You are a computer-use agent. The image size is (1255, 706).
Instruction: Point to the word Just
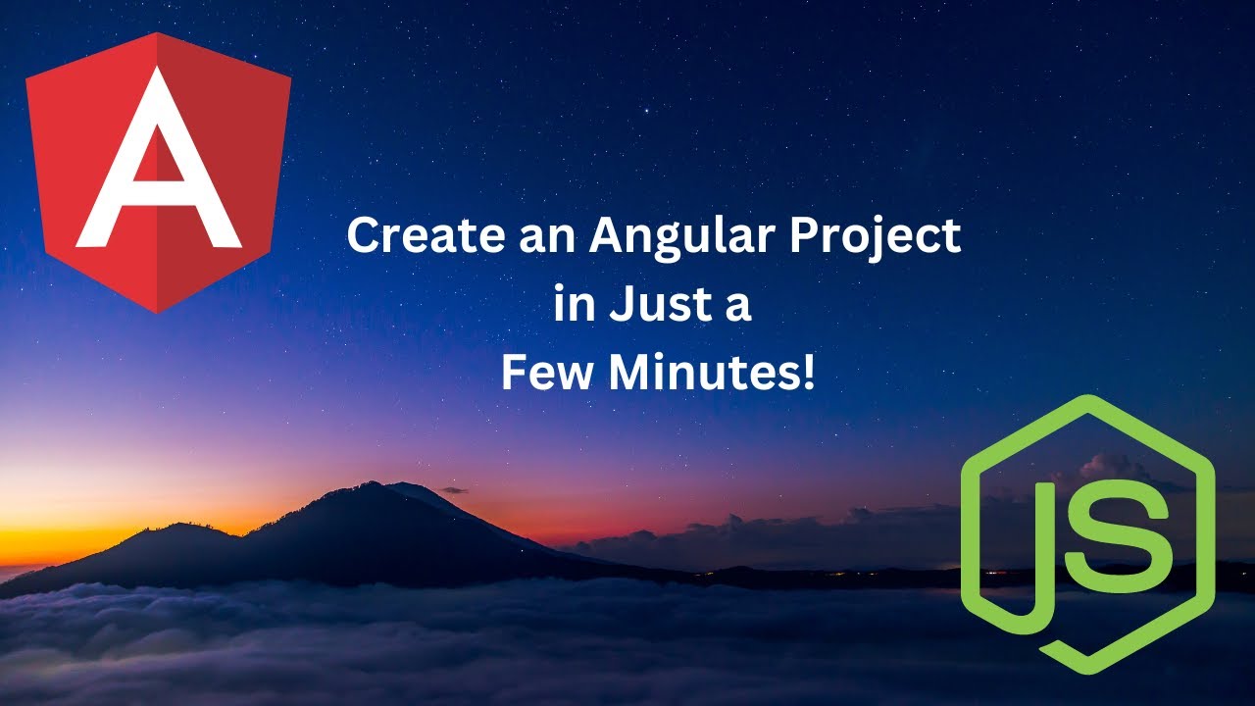click(660, 305)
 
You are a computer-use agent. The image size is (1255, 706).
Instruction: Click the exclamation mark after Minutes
click(808, 373)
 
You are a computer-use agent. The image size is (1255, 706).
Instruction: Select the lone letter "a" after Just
click(738, 307)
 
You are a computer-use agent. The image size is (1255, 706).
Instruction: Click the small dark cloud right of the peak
click(453, 489)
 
